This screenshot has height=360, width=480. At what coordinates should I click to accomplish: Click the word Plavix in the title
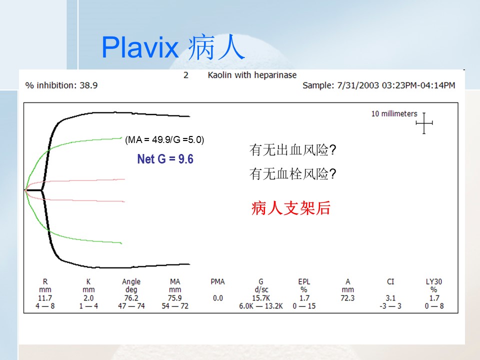pos(140,47)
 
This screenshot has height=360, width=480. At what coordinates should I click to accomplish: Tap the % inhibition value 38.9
pos(88,85)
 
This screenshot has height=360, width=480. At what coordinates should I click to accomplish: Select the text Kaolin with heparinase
pos(252,75)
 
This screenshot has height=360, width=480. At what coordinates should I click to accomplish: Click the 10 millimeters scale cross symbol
pos(424,123)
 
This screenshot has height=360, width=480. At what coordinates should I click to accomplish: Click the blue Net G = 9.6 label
pos(165,159)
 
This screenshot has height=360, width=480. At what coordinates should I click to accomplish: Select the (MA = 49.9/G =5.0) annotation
pos(164,139)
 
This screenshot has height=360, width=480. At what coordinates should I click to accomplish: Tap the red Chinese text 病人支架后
pos(291,208)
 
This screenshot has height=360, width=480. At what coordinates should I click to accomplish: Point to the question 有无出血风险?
pos(292,150)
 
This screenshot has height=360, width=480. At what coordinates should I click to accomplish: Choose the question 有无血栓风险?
pos(292,174)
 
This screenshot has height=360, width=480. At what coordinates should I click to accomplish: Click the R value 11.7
pos(45,298)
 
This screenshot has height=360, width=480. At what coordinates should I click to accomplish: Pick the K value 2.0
pos(88,298)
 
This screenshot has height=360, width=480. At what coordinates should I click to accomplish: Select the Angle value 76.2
pos(131,298)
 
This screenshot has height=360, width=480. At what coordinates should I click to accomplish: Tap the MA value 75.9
pos(175,298)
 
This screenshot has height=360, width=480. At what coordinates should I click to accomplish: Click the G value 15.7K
pos(261,298)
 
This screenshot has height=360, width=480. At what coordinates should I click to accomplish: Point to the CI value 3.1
pos(390,298)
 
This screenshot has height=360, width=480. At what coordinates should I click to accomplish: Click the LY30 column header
pos(434,281)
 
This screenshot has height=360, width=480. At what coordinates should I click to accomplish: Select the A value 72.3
pos(347,298)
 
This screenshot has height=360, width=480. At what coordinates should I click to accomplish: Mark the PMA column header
pos(217,281)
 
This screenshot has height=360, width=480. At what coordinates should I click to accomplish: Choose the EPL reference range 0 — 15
pos(304,306)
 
